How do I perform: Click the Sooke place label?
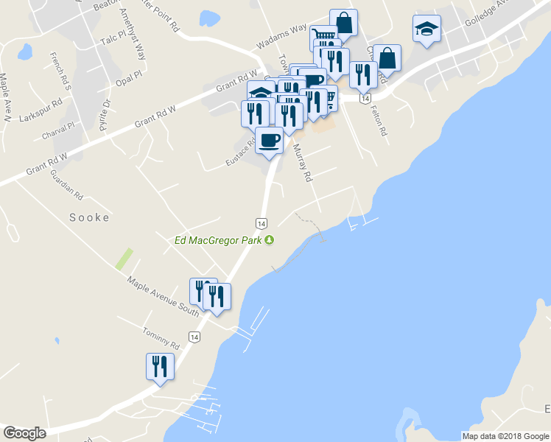(89, 217)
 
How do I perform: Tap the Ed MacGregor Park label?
(219, 239)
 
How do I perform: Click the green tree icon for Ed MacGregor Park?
(270, 239)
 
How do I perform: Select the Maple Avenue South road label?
(164, 295)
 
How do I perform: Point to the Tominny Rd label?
(161, 339)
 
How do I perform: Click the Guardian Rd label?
(66, 185)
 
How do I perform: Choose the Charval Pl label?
(59, 131)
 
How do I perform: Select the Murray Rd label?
(303, 163)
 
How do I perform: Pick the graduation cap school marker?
(427, 29)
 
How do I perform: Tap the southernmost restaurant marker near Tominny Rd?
(160, 366)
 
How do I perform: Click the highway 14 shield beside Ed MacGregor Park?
(261, 222)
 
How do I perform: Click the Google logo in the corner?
(25, 433)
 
